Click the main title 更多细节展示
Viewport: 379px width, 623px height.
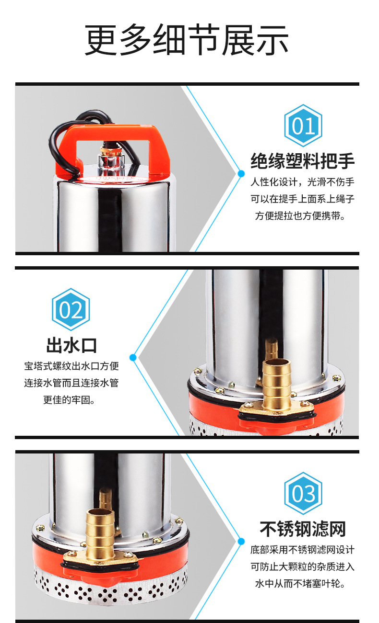(186, 39)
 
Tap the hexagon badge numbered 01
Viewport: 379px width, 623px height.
(303, 125)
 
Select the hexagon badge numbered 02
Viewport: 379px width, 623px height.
(71, 309)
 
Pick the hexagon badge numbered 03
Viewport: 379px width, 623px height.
(303, 493)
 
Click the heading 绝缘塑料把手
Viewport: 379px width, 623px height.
(302, 161)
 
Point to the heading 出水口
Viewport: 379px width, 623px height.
(71, 345)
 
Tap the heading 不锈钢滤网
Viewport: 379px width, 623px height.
(303, 529)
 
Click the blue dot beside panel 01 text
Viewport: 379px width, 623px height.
(241, 173)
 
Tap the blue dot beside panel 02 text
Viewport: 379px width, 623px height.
(133, 357)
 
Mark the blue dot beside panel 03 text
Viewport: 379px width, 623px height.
(241, 541)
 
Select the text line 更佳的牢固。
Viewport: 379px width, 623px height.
(70, 400)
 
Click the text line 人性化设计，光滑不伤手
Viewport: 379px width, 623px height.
(302, 182)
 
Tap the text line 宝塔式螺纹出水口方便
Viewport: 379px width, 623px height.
(71, 366)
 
